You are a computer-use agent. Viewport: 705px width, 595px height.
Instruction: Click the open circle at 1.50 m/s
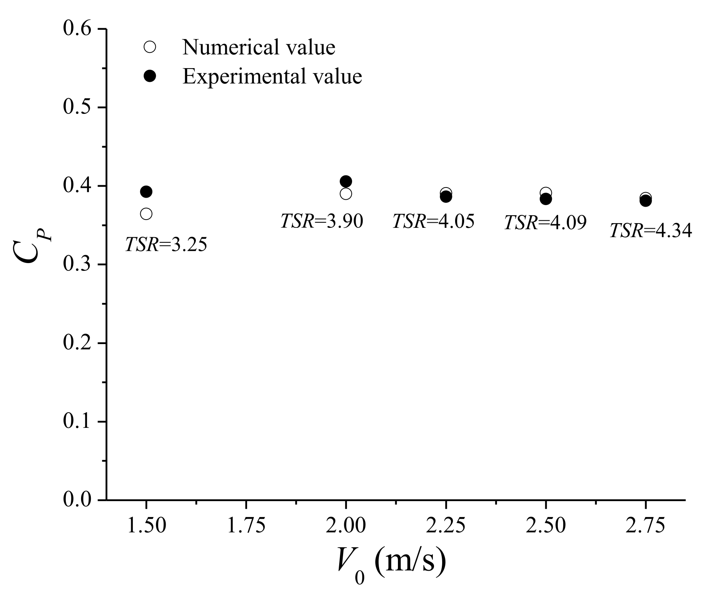(146, 214)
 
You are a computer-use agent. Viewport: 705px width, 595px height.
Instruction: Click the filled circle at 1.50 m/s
(146, 192)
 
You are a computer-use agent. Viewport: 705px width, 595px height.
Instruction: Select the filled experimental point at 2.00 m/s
(346, 182)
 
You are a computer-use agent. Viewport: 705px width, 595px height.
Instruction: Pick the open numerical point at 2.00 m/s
(346, 194)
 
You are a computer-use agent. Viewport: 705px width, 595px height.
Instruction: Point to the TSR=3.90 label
(322, 222)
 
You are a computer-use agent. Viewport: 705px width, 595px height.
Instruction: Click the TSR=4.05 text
(434, 222)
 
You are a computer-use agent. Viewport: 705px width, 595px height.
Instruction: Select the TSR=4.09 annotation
(545, 223)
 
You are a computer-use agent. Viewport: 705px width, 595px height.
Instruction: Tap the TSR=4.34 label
(651, 231)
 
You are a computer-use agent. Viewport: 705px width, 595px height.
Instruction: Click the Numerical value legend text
(258, 47)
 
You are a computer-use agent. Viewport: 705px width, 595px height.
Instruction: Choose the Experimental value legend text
(272, 77)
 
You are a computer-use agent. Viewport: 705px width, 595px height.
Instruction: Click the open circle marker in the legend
(150, 47)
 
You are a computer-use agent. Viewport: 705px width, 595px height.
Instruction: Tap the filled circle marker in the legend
(150, 77)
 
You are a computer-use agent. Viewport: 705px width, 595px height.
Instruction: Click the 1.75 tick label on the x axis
(246, 526)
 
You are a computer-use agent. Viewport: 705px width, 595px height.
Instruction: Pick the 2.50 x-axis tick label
(546, 526)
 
